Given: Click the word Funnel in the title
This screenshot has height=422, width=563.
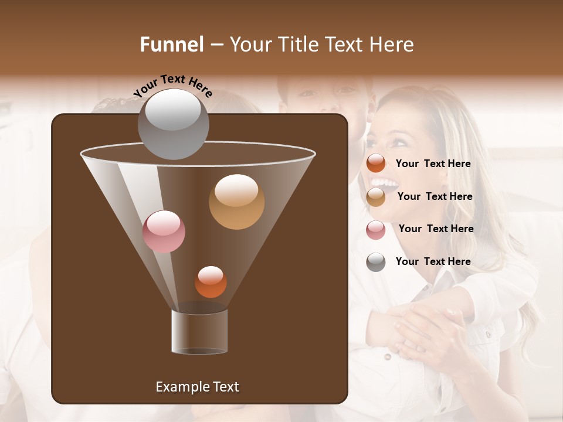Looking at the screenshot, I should (171, 45).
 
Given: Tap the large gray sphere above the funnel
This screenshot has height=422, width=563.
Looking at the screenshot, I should (173, 124).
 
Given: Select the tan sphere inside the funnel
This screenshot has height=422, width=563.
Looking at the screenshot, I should (236, 202).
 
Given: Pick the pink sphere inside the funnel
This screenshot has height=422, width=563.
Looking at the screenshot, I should (164, 232).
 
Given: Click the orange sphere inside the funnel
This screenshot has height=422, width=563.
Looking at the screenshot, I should (211, 282).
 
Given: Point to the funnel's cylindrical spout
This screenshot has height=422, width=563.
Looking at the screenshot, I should (199, 332).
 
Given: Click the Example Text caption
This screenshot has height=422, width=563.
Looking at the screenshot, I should (197, 387).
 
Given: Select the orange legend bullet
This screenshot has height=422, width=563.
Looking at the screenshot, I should (376, 164).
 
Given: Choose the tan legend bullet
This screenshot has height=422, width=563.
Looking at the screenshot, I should (376, 197).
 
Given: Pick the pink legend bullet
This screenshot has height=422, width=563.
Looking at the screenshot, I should (376, 230).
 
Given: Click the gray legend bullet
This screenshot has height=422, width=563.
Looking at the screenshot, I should (376, 262).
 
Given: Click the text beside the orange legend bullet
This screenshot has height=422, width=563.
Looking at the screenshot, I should (433, 164).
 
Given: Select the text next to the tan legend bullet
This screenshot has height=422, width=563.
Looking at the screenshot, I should (435, 196).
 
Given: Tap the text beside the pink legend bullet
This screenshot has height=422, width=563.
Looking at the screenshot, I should (436, 229).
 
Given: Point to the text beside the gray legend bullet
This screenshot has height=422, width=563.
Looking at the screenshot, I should (433, 261).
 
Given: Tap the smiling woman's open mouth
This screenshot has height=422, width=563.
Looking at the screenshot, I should (385, 185).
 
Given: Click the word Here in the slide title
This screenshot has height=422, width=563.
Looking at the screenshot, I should (392, 45).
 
